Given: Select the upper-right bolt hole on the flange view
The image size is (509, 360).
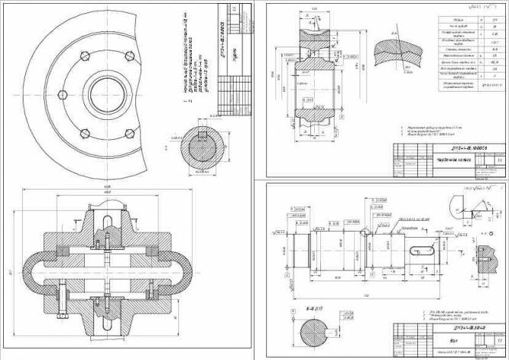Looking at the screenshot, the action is (128, 55).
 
